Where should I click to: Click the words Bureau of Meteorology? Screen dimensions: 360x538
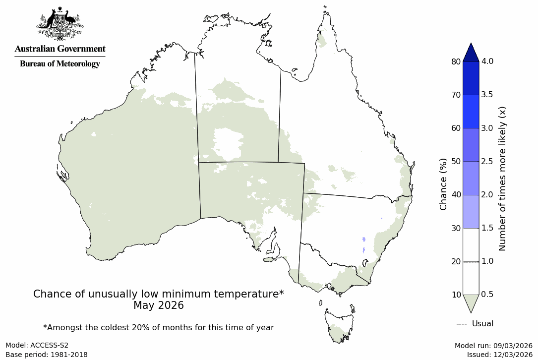coord(60,64)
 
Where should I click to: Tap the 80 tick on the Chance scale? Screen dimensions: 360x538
coord(456,61)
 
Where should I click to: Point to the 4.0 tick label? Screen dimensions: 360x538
coord(487,61)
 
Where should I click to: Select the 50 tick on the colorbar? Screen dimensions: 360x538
coord(456,162)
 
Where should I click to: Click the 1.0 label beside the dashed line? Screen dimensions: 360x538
coord(487,261)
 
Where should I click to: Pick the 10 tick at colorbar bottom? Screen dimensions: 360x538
coord(456,295)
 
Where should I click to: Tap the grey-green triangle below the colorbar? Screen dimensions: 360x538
coord(471,303)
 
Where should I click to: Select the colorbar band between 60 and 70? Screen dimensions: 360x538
coord(471,112)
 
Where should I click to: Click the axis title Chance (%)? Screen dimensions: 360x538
coord(443,184)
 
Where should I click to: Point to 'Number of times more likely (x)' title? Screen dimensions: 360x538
coord(502,178)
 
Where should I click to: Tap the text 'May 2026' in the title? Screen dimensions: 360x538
coord(158,305)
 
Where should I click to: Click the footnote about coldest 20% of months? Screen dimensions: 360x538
coord(158,328)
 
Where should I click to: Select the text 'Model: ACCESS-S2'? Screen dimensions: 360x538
coord(37,345)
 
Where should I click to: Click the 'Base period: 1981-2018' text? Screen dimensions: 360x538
coord(47,355)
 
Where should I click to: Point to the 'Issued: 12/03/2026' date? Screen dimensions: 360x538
coord(499,355)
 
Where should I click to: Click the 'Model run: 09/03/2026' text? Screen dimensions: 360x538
coord(493,345)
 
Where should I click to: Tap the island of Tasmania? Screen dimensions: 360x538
coord(340,325)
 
